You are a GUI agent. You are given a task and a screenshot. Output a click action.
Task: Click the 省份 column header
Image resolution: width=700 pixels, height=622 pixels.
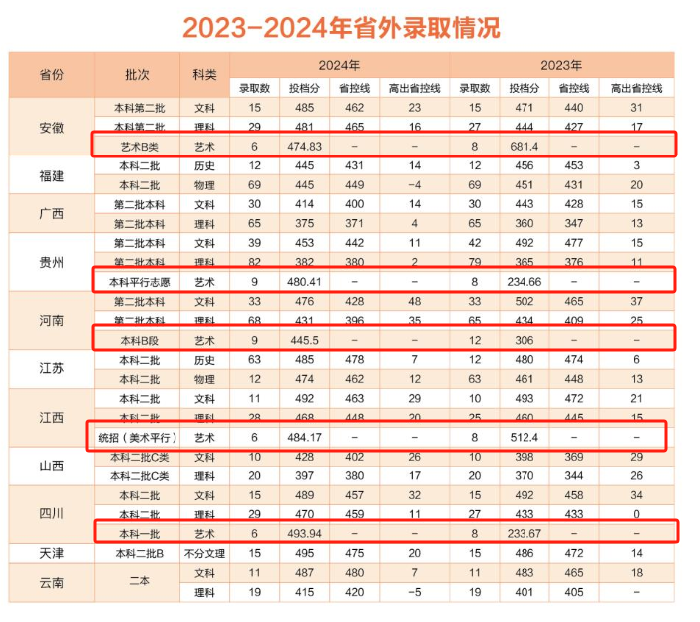click(x=52, y=75)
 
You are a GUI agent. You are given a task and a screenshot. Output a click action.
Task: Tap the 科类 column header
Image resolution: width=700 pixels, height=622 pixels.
click(x=204, y=75)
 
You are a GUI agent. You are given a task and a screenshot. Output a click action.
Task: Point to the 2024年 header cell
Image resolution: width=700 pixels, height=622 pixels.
click(x=339, y=66)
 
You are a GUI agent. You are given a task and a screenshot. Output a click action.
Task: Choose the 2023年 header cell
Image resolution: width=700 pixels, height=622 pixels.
click(x=561, y=66)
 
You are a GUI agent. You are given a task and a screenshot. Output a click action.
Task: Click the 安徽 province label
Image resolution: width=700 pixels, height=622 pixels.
click(x=52, y=127)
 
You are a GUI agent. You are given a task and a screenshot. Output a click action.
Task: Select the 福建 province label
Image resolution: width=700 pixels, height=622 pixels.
click(x=52, y=176)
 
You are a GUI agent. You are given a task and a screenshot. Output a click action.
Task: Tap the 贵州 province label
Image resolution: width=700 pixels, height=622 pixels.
click(x=52, y=263)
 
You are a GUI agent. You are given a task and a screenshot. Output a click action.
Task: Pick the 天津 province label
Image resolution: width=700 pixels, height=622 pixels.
click(x=52, y=553)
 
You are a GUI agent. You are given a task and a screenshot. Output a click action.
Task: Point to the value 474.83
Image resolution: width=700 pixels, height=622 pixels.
click(x=299, y=147)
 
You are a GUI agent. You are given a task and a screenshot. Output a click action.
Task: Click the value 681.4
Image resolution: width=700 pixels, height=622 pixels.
click(x=524, y=147)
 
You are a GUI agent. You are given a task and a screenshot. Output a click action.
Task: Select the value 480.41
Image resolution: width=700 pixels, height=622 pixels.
click(x=299, y=282)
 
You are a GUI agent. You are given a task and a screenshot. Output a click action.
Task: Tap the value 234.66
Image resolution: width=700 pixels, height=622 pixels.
click(x=524, y=282)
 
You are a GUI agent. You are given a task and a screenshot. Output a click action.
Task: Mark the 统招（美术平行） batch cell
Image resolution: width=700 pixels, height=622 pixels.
click(x=137, y=437)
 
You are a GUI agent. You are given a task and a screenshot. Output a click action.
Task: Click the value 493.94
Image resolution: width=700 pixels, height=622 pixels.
click(x=299, y=533)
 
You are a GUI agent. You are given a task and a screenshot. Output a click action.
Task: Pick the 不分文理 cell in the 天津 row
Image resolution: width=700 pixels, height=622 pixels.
click(x=204, y=553)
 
